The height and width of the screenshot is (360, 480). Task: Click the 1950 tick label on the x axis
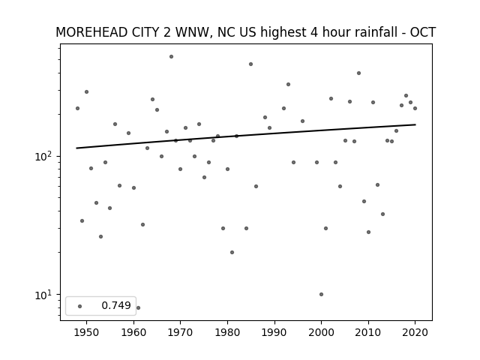(x=87, y=332)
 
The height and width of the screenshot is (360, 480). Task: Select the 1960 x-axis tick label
(x=133, y=332)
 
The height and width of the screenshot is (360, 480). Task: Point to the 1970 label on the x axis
(x=180, y=332)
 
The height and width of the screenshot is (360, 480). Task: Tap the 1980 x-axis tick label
(x=227, y=332)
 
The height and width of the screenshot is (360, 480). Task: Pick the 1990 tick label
(x=274, y=332)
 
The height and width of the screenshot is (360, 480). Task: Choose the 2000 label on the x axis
(x=321, y=332)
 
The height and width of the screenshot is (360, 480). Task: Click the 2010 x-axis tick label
(x=368, y=332)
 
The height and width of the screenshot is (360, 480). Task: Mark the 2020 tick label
(x=415, y=332)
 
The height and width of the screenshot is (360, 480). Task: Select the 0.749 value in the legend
(x=116, y=305)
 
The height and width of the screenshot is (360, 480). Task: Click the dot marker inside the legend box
(x=80, y=306)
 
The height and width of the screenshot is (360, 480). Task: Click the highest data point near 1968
(x=171, y=57)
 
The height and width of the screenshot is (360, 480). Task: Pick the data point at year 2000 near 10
(x=321, y=294)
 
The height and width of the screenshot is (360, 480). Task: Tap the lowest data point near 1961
(x=138, y=307)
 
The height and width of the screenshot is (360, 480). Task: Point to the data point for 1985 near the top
(x=250, y=64)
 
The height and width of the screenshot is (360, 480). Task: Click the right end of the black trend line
(x=415, y=124)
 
